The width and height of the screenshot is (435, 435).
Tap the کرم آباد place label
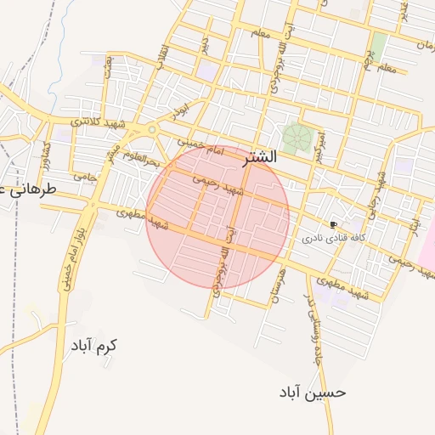(x=93, y=346)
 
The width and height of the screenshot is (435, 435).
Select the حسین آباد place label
(x=313, y=393)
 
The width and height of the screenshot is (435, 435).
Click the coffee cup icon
(x=332, y=224)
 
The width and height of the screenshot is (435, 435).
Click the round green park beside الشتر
(x=297, y=138)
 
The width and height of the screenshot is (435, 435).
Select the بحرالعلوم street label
(x=141, y=156)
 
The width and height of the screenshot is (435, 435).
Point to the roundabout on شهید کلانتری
(x=153, y=130)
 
